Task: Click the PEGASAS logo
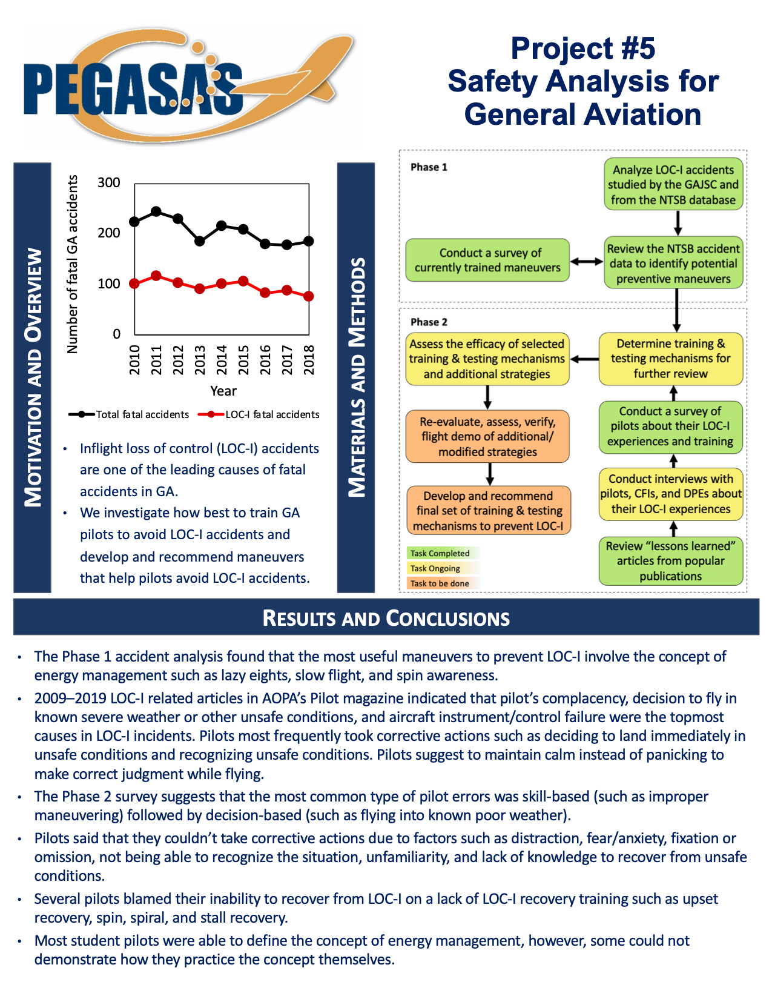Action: click(x=182, y=85)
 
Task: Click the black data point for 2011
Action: click(x=156, y=211)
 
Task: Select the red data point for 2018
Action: click(x=309, y=296)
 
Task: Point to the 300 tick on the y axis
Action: click(x=109, y=183)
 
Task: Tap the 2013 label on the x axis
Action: click(x=200, y=360)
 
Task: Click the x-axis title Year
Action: click(x=223, y=391)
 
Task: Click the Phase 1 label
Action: click(x=429, y=167)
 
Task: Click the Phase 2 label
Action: click(x=429, y=322)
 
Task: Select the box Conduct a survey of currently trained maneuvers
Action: click(x=487, y=261)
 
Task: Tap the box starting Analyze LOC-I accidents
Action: click(x=673, y=185)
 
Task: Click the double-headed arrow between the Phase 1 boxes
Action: click(x=587, y=262)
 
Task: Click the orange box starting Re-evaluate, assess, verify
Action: click(x=487, y=437)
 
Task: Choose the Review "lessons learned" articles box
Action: click(x=671, y=561)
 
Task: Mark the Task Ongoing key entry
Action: click(x=435, y=568)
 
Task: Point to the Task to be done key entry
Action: click(x=440, y=583)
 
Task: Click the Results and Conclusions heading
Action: click(x=386, y=618)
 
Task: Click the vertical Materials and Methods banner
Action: click(x=356, y=377)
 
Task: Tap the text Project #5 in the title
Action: click(x=582, y=48)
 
